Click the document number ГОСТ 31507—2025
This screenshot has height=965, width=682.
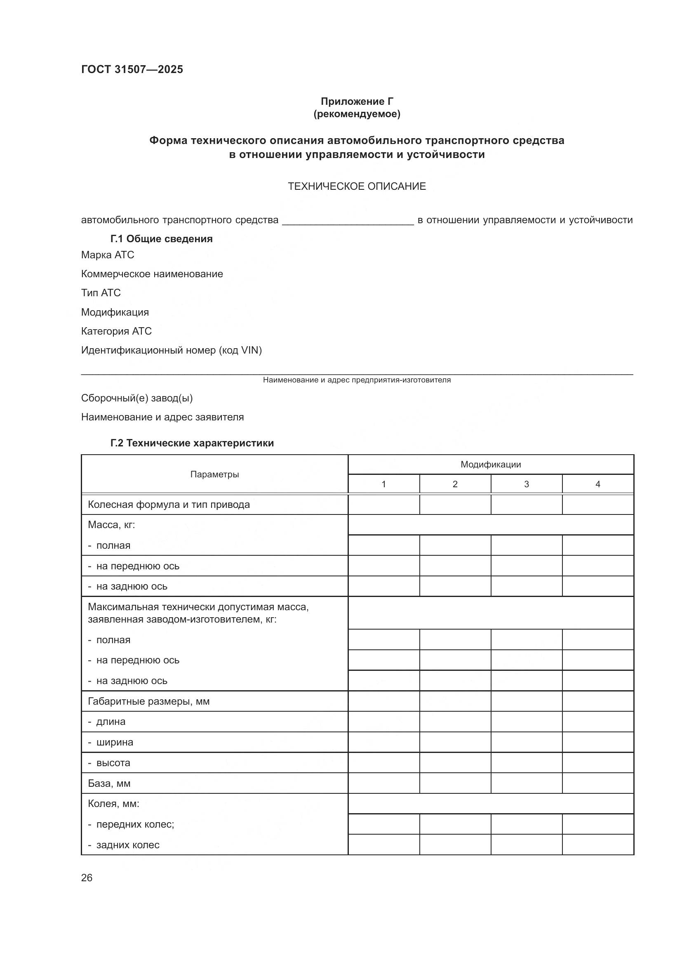point(132,69)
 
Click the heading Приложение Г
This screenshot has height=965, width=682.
point(357,101)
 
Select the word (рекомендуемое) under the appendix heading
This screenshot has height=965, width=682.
point(357,114)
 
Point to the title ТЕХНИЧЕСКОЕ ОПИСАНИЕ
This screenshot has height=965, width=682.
point(357,186)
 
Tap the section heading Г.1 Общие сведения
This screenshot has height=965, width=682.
point(161,239)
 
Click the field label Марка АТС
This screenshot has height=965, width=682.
point(108,255)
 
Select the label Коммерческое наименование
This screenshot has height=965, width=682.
point(152,274)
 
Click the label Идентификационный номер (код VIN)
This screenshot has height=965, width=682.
point(172,350)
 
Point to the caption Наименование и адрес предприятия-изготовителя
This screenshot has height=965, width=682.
point(357,380)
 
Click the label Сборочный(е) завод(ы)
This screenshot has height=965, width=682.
point(137,398)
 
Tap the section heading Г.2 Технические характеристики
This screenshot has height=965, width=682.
point(192,443)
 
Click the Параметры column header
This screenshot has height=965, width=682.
point(214,474)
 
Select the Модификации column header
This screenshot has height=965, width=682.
point(491,465)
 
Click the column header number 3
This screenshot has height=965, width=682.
point(526,484)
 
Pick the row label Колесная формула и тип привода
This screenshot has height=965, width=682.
point(168,504)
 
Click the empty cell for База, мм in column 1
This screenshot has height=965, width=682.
point(383,783)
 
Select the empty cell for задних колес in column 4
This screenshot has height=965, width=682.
point(597,845)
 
